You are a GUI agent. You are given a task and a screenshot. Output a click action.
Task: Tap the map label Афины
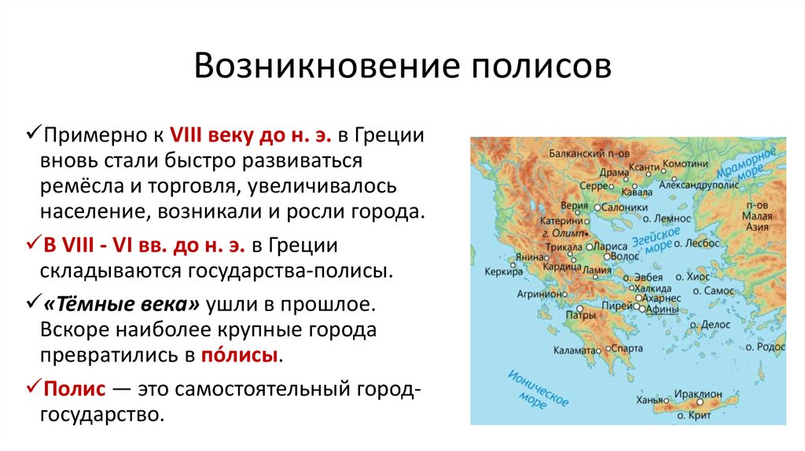click(663, 310)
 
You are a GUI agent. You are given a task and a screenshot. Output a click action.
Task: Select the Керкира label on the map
click(504, 273)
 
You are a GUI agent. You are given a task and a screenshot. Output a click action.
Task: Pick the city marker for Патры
click(579, 308)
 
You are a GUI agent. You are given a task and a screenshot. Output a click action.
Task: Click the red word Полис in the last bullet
click(70, 388)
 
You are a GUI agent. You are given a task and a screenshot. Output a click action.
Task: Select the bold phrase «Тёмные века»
click(127, 304)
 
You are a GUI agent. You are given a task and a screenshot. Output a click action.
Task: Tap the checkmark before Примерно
click(34, 134)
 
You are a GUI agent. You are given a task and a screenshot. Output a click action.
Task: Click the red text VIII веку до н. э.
click(251, 135)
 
